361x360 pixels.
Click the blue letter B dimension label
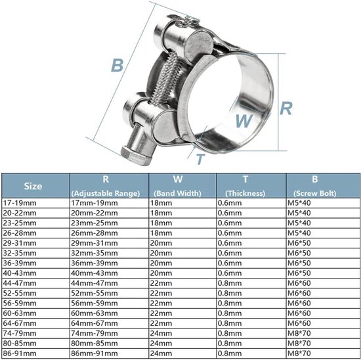117,66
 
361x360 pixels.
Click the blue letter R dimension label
286,108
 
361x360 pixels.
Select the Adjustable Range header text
106,194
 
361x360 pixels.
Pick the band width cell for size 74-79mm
163,333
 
